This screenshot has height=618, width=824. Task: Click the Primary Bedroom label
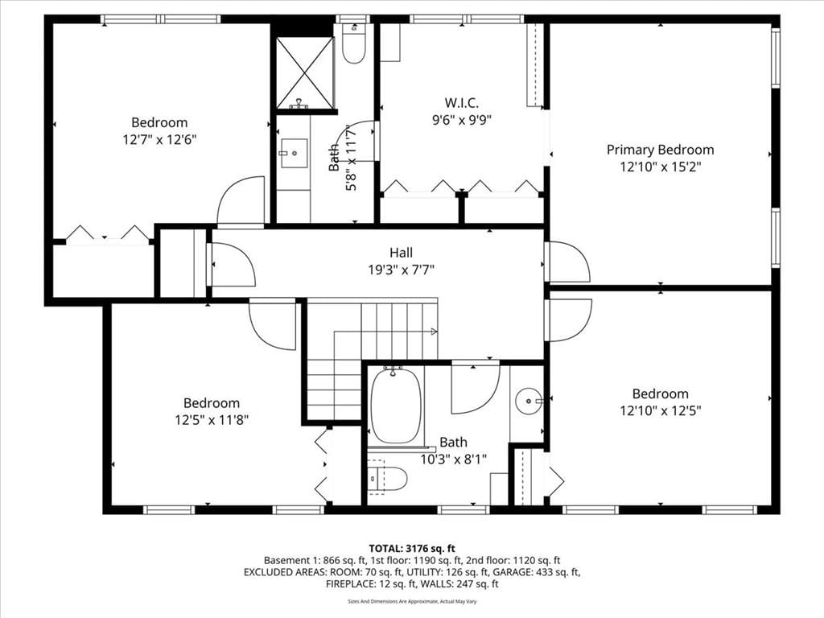point(660,150)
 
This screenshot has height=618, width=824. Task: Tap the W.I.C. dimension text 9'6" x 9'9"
point(461,121)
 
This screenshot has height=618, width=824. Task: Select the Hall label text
point(401,252)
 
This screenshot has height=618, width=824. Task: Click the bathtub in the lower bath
point(396,406)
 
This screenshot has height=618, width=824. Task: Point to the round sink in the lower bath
point(528,402)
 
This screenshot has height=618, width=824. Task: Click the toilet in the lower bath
point(387,478)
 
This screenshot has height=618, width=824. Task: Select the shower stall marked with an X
point(305,73)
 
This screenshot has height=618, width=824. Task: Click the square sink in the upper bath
point(294,153)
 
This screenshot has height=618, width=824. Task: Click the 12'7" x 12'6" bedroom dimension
point(159,140)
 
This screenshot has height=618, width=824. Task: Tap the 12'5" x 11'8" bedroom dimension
point(212,420)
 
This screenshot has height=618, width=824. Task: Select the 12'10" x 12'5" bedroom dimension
point(660,410)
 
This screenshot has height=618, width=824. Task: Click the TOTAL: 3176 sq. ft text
point(412,549)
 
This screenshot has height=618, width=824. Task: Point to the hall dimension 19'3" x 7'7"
point(401,270)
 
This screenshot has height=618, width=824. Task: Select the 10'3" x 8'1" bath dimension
point(453,459)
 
